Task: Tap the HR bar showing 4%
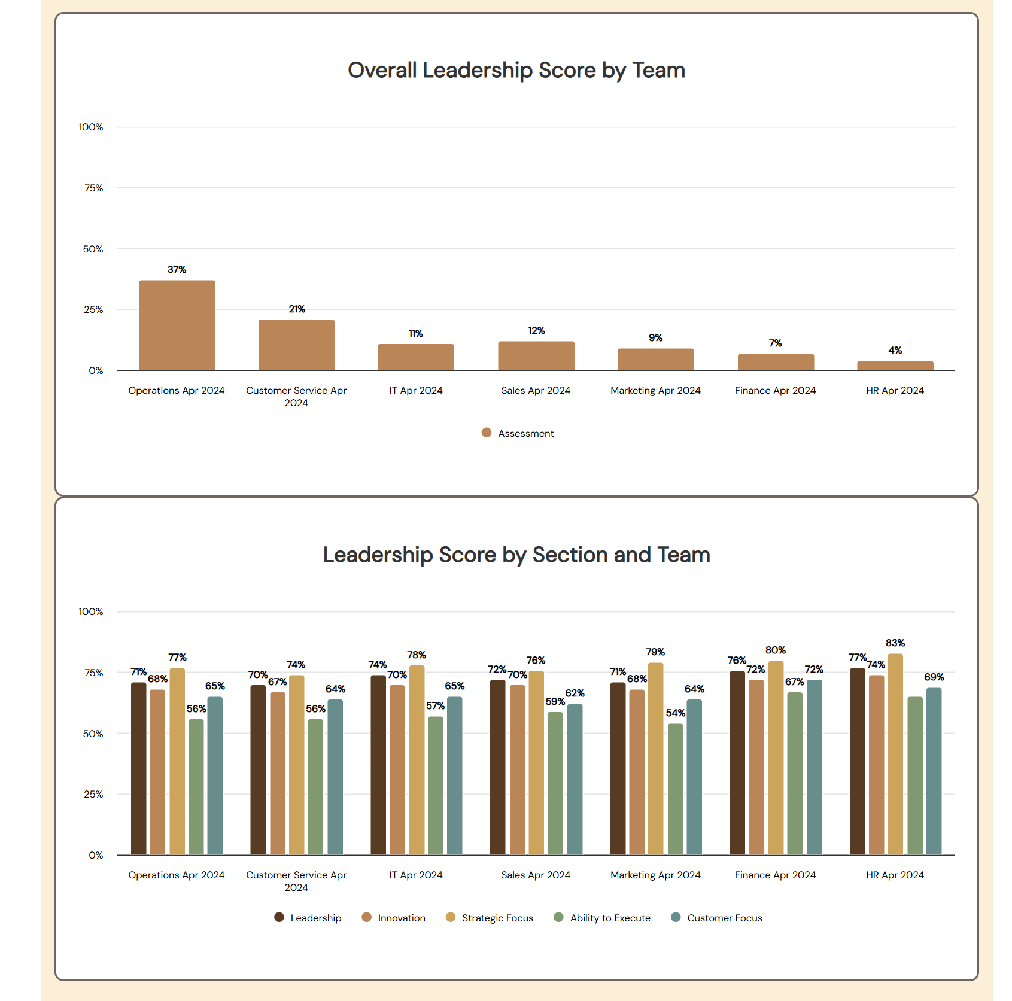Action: tap(895, 366)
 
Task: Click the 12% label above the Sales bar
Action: tap(536, 331)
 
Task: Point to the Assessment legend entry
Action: tap(518, 433)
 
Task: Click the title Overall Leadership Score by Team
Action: tap(516, 70)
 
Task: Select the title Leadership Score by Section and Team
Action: tap(516, 555)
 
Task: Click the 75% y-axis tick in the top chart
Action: tap(93, 188)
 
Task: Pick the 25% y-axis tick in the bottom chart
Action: tap(93, 794)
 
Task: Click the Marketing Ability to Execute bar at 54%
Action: tap(675, 789)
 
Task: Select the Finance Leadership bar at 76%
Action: tap(737, 763)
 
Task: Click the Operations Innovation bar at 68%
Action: tap(157, 772)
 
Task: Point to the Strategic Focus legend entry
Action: tap(490, 918)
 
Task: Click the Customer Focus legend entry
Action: tap(717, 918)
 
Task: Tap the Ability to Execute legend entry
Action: tap(602, 918)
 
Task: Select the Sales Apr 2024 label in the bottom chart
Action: tap(536, 875)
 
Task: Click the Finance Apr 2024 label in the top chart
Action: tap(775, 390)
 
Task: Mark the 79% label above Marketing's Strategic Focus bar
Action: tap(655, 652)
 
